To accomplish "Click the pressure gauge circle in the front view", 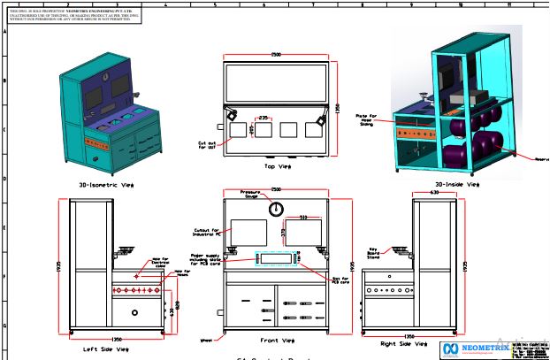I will click(277, 210).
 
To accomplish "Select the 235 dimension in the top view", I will click(264, 117).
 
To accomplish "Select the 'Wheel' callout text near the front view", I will click(205, 338).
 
